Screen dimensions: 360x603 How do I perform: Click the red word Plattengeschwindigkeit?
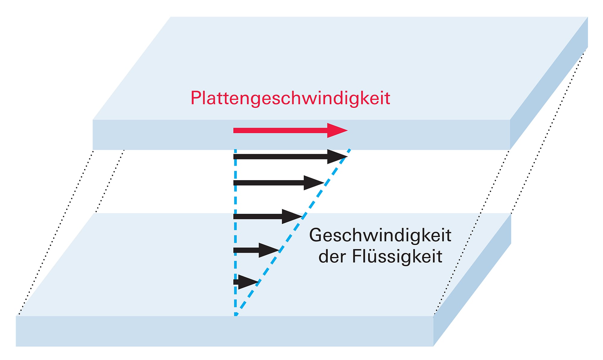click(290, 98)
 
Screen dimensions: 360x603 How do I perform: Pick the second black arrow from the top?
click(271, 183)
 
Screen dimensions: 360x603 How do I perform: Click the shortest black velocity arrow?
click(246, 282)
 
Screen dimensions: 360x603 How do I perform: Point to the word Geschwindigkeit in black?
click(380, 235)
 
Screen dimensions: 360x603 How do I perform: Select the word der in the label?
click(332, 257)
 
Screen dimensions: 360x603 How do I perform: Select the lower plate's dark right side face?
click(472, 280)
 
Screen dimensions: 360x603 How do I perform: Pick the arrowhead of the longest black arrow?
click(337, 157)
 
